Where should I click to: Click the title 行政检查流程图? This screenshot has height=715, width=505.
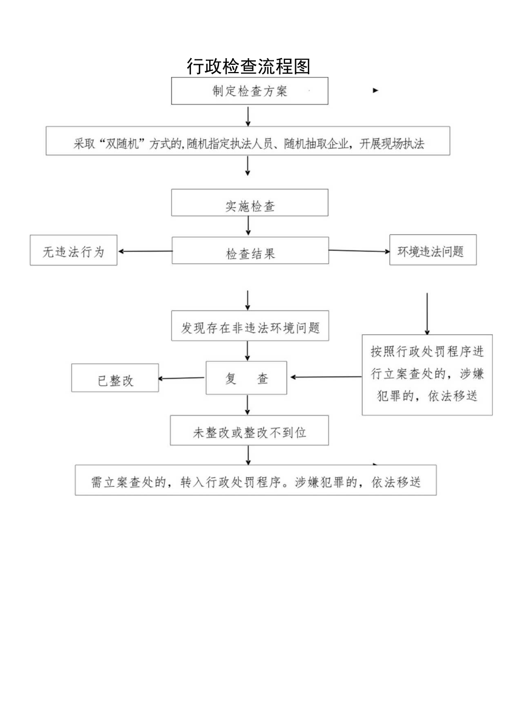(249, 66)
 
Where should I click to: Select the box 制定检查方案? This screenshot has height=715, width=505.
(250, 91)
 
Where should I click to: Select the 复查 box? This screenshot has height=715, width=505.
(246, 378)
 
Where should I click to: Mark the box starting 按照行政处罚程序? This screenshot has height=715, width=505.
(427, 374)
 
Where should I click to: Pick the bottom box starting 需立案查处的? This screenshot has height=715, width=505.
(256, 480)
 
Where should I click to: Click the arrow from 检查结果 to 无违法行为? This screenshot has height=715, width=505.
(145, 252)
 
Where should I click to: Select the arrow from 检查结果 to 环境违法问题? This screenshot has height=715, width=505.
(359, 251)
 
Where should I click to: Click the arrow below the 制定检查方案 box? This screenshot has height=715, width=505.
(248, 115)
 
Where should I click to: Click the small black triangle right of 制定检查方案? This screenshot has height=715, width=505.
(375, 90)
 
